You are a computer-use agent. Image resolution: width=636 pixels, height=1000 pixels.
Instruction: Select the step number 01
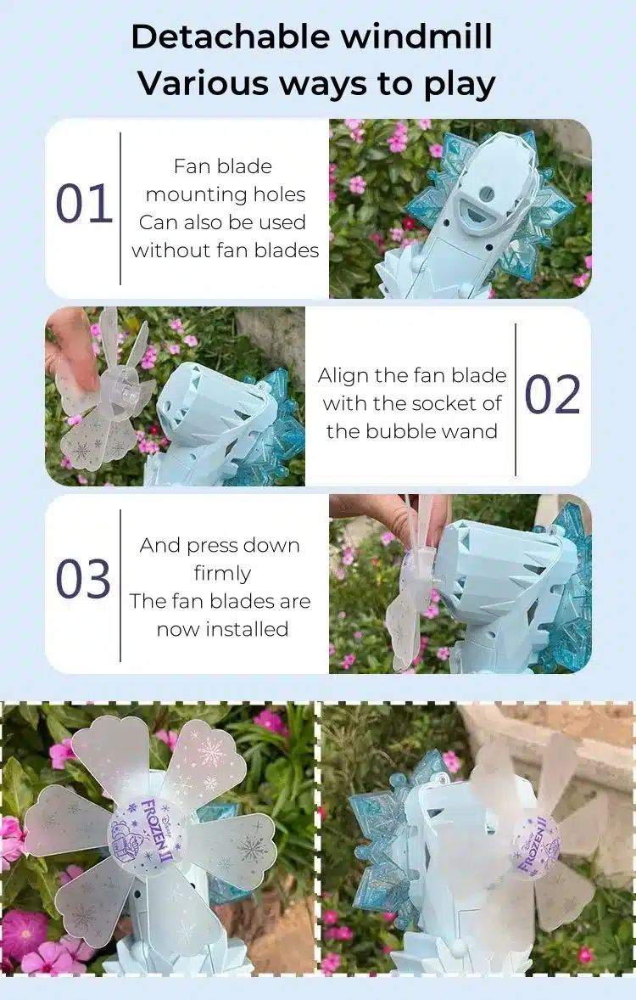tap(84, 204)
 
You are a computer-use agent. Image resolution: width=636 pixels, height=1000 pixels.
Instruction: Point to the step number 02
tap(552, 395)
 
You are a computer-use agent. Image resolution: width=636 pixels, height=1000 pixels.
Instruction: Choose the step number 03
tap(83, 579)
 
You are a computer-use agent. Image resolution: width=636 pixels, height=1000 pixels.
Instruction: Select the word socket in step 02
tap(446, 403)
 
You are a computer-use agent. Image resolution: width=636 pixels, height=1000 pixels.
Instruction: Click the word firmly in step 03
tap(222, 573)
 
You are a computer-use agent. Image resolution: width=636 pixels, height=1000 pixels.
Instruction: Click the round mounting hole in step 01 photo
tap(489, 191)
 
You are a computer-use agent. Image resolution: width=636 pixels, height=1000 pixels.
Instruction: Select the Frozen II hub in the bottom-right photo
tap(536, 844)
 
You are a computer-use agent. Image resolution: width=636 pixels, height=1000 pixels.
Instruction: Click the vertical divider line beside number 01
tap(120, 209)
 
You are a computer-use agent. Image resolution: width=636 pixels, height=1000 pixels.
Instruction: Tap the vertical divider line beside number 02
tap(515, 399)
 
